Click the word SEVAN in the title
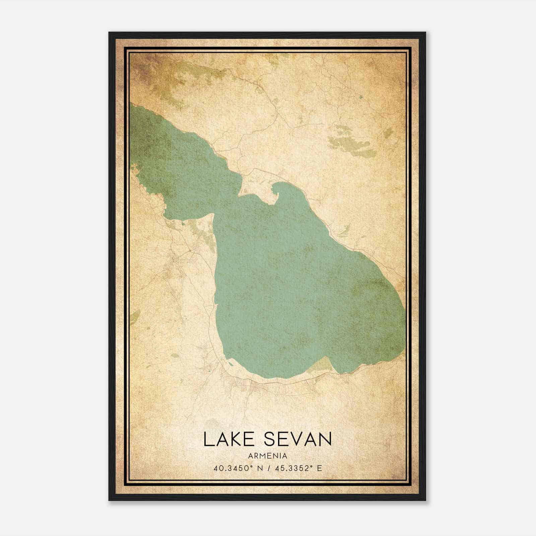point(298,439)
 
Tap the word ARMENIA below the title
point(268,456)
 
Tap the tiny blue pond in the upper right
point(360,97)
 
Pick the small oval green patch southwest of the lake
point(175,355)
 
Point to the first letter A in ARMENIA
point(251,456)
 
